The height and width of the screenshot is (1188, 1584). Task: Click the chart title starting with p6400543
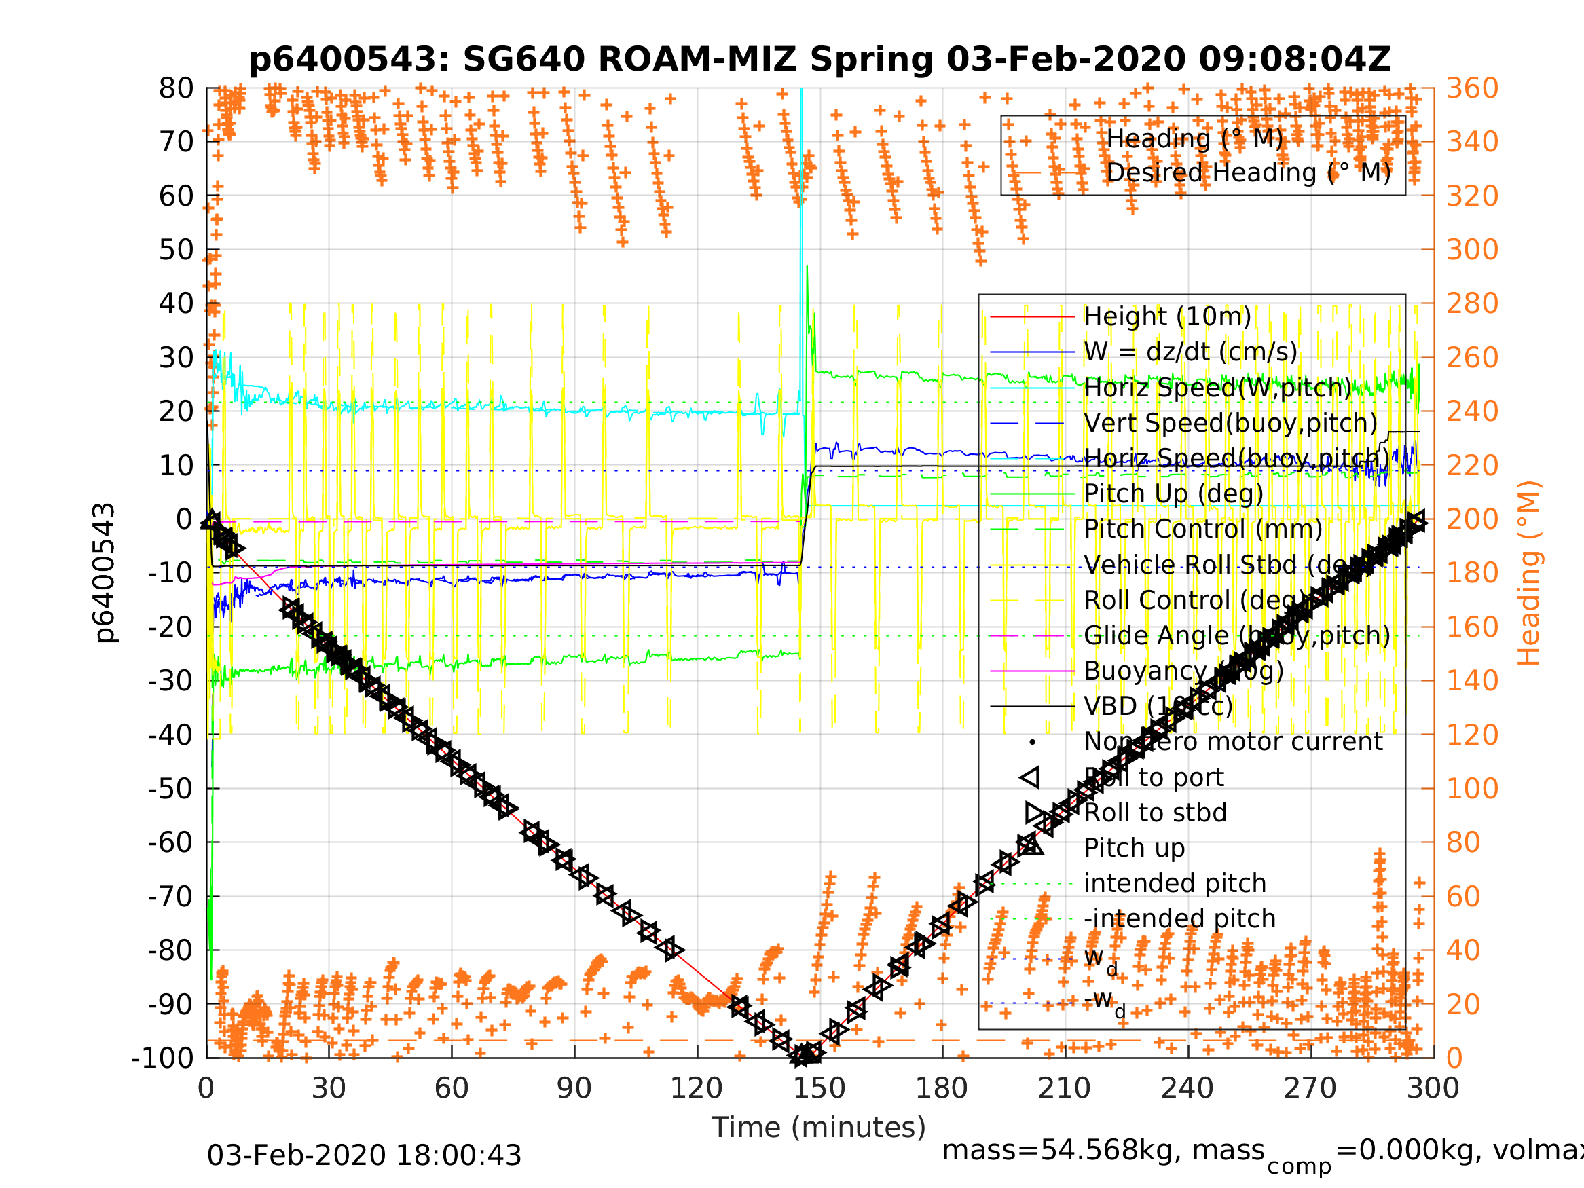click(x=819, y=60)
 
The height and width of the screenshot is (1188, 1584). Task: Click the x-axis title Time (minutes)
click(x=819, y=1127)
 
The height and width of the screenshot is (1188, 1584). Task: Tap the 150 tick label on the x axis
click(x=819, y=1088)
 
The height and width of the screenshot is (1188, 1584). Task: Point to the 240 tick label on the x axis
click(x=1187, y=1088)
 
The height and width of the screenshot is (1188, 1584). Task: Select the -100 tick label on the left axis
click(x=162, y=1058)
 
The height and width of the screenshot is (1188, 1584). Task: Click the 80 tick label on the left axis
click(x=176, y=89)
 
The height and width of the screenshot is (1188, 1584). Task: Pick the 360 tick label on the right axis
click(x=1472, y=89)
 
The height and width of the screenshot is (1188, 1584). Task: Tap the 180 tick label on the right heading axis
click(x=1472, y=573)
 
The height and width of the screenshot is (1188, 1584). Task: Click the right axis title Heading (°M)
click(x=1528, y=573)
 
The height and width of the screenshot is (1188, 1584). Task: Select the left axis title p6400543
click(x=105, y=573)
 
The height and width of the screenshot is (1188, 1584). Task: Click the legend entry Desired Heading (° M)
click(x=1248, y=172)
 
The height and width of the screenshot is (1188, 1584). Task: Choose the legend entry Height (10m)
click(x=1167, y=316)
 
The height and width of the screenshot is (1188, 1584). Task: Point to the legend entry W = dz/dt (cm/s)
click(x=1190, y=352)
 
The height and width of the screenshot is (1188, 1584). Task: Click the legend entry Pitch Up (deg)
click(x=1173, y=494)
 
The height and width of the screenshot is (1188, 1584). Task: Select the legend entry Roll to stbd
click(x=1155, y=813)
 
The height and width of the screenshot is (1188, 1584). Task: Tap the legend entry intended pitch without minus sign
click(x=1175, y=883)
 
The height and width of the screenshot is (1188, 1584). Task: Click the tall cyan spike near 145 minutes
click(x=801, y=179)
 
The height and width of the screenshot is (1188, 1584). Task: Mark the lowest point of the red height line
click(x=801, y=1056)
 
